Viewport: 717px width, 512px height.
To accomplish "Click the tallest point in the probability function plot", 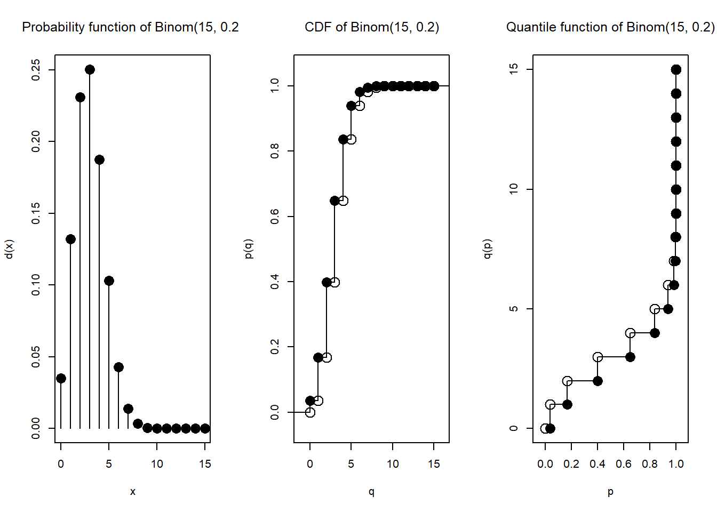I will [90, 70].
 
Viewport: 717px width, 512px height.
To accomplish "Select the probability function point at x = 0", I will [61, 378].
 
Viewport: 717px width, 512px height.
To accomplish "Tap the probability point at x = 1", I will [70, 239].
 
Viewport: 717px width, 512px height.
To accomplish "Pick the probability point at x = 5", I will [109, 281].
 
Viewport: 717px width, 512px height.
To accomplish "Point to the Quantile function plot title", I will [610, 27].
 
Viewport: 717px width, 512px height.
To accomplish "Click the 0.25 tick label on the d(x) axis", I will [36, 70].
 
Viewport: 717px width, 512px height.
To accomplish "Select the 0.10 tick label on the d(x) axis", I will [36, 285].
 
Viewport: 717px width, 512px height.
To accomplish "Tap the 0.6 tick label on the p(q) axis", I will [275, 217].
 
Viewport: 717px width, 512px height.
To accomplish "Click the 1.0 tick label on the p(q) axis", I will [275, 86].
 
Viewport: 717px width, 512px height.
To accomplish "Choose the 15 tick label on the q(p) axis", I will [514, 69].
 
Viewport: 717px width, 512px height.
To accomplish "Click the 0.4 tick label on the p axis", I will [597, 464].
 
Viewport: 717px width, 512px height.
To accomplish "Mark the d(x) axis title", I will [9, 249].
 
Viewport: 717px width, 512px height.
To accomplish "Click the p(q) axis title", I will [249, 249].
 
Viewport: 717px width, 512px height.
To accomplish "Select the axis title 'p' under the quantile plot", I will [610, 492].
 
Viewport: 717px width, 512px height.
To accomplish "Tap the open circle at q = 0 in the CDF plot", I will [310, 412].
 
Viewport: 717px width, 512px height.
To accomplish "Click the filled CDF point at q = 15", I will [434, 86].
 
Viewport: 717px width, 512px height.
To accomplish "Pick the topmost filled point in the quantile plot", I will [676, 69].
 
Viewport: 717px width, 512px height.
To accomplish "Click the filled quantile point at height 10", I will [676, 189].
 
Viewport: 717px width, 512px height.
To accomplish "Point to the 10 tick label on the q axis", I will [393, 464].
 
